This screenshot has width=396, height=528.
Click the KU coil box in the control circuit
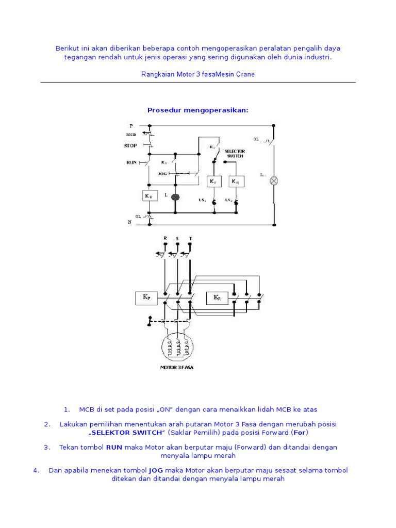coord(148,196)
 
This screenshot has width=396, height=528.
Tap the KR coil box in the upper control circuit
coord(236,181)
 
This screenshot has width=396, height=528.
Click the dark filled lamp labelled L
coord(175,197)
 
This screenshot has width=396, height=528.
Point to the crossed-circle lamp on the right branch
coord(274,180)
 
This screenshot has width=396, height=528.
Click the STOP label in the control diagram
coord(130,146)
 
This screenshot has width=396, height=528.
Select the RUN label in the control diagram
coord(131,162)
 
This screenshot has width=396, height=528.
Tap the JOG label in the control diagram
coord(163,174)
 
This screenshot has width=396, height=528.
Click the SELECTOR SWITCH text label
coord(235,154)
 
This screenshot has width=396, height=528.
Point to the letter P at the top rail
coord(131,125)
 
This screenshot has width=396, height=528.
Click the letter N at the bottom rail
coord(130,222)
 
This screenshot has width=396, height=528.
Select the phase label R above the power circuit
coord(165,238)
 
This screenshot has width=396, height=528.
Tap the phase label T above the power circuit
coord(190,238)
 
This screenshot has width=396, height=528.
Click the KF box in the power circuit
coord(146,298)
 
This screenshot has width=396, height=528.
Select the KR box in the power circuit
coord(217,298)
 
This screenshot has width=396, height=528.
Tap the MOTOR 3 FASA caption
coord(177,368)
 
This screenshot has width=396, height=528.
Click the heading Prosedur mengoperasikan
coord(198,110)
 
